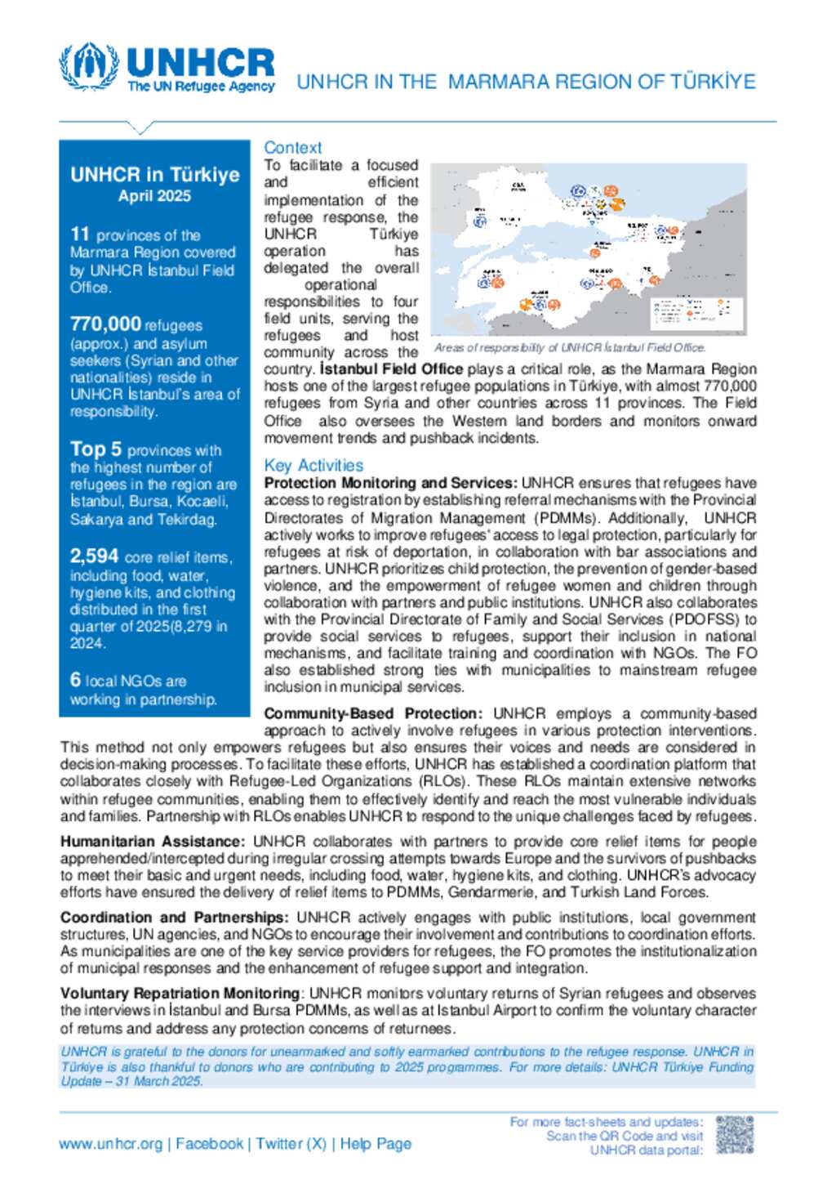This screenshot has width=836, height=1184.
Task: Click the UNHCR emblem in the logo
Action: pos(89,66)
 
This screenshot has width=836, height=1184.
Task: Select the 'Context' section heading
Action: pos(293,148)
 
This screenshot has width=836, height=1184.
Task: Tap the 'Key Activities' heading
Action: pos(313,466)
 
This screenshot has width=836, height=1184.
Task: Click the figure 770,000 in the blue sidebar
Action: pos(105,325)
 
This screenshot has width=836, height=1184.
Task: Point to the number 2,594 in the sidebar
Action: pos(95,556)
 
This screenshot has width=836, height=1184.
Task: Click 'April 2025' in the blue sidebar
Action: pos(154,196)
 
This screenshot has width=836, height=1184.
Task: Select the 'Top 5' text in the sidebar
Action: pos(96,449)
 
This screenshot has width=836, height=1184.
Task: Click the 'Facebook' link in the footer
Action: pos(210,1144)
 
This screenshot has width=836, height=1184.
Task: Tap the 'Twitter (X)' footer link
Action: pos(291,1144)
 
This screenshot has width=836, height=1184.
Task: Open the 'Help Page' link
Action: pos(376,1144)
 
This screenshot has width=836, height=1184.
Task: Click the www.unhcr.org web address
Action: pos(110,1144)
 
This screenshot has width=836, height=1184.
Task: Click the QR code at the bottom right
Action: pos(734,1136)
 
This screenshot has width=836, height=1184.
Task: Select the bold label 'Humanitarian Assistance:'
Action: pos(152,842)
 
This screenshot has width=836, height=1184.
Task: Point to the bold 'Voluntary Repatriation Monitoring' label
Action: pos(180,994)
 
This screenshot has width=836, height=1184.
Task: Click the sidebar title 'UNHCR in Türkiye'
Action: pos(154,175)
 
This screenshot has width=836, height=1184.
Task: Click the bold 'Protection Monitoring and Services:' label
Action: pos(390,483)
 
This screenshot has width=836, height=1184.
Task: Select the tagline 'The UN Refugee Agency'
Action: pos(201,87)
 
